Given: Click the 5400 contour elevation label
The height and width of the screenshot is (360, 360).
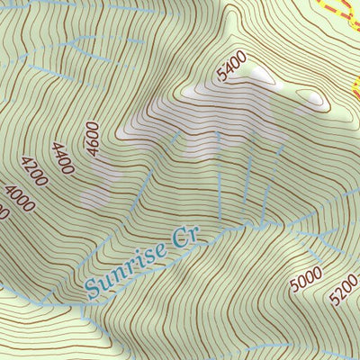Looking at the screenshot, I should (231, 67).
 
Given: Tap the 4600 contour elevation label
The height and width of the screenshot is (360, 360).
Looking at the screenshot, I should (93, 139).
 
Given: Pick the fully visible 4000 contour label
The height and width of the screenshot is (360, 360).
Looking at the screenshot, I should (19, 197).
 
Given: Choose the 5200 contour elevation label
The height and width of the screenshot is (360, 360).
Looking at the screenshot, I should (345, 288).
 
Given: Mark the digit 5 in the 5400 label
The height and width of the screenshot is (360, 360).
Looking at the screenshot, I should (220, 78).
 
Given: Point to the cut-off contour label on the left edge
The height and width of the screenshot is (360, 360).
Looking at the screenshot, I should (3, 212).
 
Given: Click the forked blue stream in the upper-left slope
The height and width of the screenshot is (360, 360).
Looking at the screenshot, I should (72, 45).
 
